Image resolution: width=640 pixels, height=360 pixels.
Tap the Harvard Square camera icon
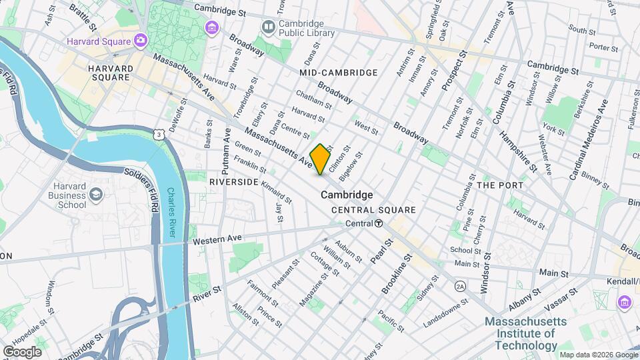click(141, 41)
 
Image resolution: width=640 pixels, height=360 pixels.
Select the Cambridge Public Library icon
click(269, 27)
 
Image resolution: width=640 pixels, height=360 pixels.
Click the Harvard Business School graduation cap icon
click(97, 193)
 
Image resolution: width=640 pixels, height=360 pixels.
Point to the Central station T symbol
click(379, 223)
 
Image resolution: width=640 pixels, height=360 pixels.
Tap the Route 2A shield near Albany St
click(460, 286)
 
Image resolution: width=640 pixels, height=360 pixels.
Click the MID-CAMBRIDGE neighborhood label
click(339, 72)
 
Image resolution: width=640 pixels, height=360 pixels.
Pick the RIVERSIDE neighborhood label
click(233, 181)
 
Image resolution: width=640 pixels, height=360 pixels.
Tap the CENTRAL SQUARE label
click(374, 210)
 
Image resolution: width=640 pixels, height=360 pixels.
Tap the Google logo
click(22, 351)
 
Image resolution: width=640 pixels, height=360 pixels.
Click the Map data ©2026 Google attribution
click(598, 355)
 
